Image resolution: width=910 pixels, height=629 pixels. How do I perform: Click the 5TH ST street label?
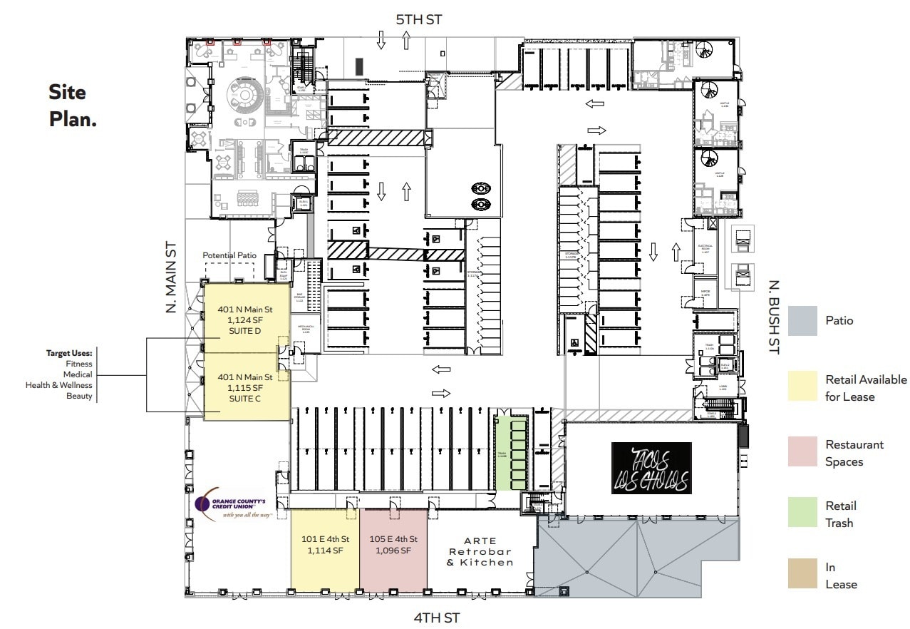pos(418,19)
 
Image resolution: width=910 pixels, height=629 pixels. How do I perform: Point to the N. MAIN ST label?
pos(170,277)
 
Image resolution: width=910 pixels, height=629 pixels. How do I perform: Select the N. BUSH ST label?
pos(774,317)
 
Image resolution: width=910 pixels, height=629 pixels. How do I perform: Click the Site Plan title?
pos(72,106)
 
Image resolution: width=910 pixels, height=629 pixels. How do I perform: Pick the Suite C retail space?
pos(245,387)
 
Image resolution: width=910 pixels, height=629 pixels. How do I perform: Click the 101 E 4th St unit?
pos(325,550)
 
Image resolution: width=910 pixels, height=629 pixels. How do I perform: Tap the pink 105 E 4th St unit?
pos(393,550)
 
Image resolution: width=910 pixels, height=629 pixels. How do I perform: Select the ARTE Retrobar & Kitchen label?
pos(480,551)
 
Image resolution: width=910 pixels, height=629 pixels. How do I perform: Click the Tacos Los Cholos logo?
pos(651,468)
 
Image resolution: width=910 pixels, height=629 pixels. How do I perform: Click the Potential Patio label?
pos(229,255)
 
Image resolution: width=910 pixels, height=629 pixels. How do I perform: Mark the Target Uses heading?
pos(69,353)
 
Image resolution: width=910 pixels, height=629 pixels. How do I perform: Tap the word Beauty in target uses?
pos(79,396)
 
